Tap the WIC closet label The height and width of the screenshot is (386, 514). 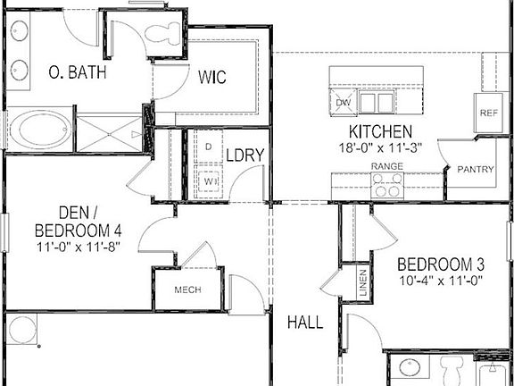click(211, 77)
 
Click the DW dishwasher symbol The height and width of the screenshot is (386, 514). click(344, 102)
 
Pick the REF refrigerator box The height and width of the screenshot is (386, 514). click(488, 113)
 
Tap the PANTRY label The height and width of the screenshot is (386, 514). click(476, 169)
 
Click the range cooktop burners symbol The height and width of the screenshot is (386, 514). click(387, 185)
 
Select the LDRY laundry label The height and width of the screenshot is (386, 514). click(244, 155)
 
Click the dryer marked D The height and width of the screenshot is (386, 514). click(207, 146)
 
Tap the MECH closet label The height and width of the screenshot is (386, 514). click(187, 290)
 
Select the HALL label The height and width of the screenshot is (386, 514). click(305, 322)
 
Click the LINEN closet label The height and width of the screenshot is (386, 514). click(363, 283)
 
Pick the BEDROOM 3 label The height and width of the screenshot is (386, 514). click(441, 264)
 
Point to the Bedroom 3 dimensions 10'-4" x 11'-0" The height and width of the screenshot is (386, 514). click(441, 281)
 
